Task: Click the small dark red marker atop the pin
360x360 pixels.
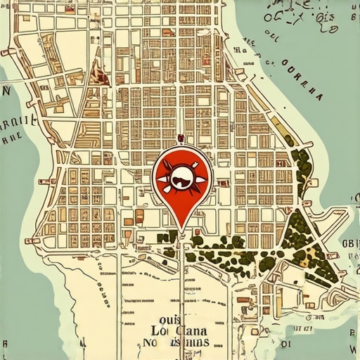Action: coord(181,138)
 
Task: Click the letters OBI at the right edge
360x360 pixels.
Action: coord(349,244)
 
